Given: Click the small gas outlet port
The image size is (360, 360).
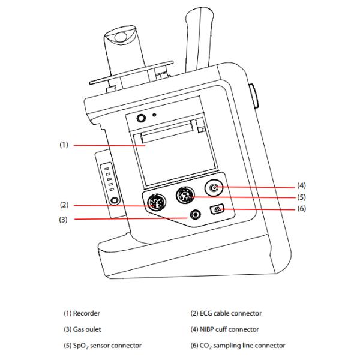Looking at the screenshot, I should [195, 215].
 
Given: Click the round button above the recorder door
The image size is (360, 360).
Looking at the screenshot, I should [142, 119].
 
